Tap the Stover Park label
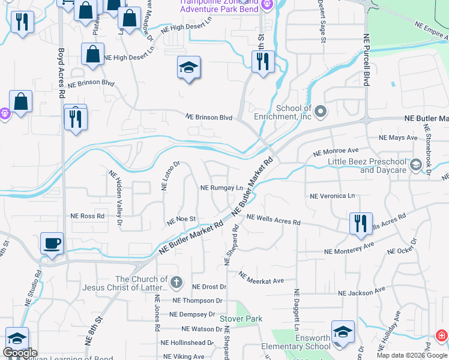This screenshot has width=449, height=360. click(238, 319)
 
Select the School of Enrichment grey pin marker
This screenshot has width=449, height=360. click(321, 112)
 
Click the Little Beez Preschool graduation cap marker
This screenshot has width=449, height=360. click(415, 164)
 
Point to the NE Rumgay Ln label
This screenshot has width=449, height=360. click(221, 188)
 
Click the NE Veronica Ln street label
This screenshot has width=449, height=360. click(332, 196)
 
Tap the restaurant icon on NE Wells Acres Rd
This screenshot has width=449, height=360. click(361, 223)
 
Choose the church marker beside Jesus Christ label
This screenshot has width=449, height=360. click(176, 282)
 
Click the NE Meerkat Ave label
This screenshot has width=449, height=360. click(261, 278)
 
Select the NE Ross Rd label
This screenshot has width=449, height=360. click(88, 216)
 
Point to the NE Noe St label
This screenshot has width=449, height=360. click(181, 220)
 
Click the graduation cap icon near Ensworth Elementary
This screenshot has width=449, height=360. click(343, 331)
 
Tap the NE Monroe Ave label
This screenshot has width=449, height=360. click(336, 152)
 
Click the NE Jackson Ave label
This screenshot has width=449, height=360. click(361, 293)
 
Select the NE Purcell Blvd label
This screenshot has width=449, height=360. click(366, 59)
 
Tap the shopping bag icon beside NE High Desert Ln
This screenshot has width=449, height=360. click(93, 54)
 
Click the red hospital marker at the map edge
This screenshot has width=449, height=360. click(441, 335)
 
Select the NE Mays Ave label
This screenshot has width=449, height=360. click(398, 138)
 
